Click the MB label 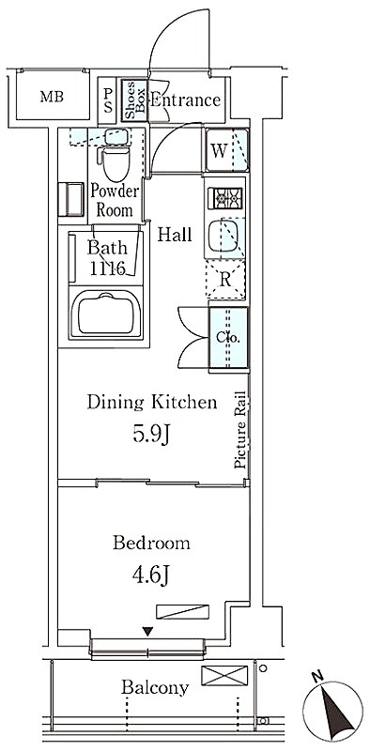52,98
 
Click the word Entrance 186,100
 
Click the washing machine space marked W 226,150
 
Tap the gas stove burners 224,198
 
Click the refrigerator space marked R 225,280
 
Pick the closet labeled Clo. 228,337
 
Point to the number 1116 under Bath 108,268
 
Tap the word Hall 175,235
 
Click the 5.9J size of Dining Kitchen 151,436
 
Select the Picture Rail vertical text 239,430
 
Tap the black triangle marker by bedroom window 147,632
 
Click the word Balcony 155,688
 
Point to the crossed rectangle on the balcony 224,675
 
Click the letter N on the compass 316,677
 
